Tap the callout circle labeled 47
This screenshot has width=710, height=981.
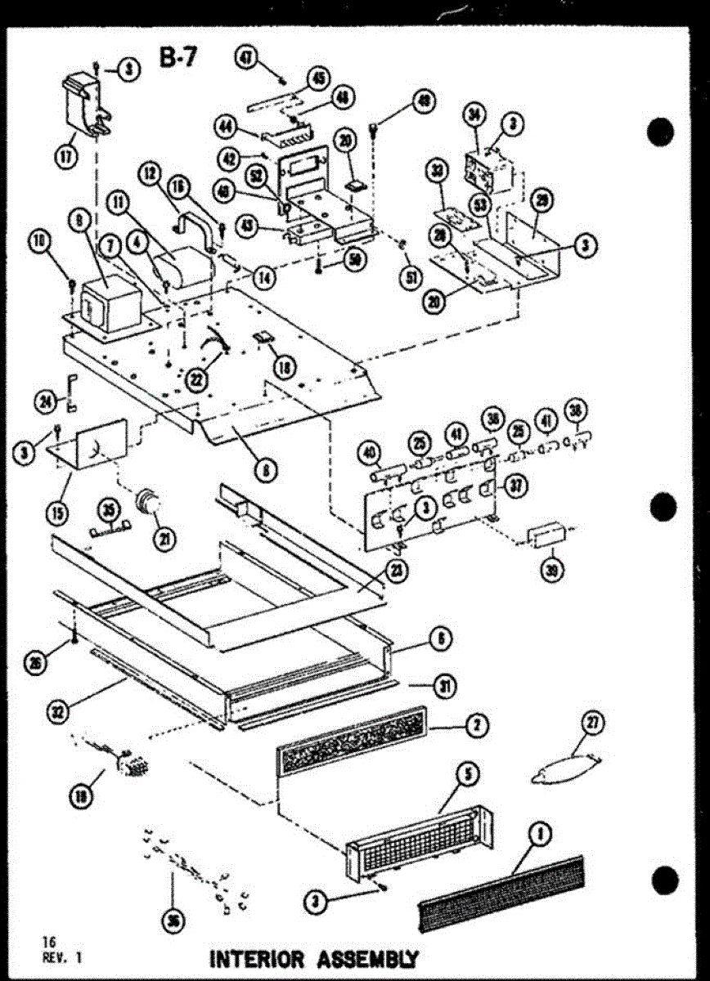(246, 57)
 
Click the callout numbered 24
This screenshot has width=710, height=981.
(46, 400)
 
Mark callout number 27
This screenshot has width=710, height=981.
(591, 722)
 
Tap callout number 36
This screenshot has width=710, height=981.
(173, 921)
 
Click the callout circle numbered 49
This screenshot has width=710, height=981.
(423, 101)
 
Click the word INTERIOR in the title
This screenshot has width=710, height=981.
(257, 957)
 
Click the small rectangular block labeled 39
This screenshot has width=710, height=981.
(547, 537)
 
